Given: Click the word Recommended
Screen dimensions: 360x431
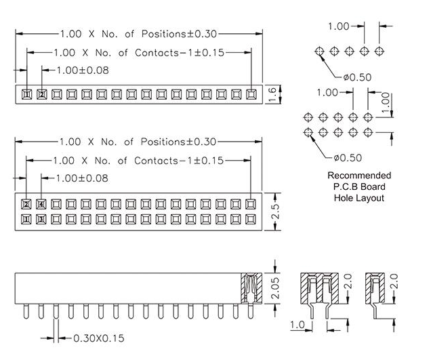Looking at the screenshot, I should point(359,176).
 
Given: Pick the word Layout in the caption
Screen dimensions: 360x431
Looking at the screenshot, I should point(370,198).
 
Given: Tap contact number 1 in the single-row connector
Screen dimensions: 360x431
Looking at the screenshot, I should point(27,94).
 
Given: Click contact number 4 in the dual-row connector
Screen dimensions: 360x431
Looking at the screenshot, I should point(42,204).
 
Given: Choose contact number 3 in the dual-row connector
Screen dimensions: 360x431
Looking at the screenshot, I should point(42,219).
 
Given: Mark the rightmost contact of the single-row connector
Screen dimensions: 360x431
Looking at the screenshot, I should point(251,94).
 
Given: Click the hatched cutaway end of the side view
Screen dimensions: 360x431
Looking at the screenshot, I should point(250,287).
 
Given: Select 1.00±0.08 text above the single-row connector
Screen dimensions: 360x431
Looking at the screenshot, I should point(82,70).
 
